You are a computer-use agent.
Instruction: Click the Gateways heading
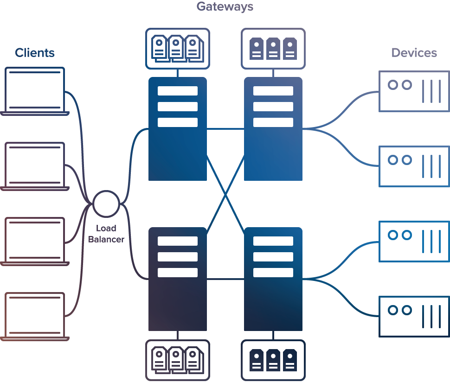pyautogui.click(x=225, y=6)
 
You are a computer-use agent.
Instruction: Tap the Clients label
pyautogui.click(x=35, y=53)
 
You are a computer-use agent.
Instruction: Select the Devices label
pyautogui.click(x=414, y=53)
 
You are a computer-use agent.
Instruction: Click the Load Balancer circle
pyautogui.click(x=106, y=204)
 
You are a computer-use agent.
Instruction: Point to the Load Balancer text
pyautogui.click(x=106, y=234)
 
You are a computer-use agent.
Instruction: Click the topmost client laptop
pyautogui.click(x=35, y=91)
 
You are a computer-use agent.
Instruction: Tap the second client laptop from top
pyautogui.click(x=35, y=166)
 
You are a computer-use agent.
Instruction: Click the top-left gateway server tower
pyautogui.click(x=177, y=129)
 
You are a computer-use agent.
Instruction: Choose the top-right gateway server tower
pyautogui.click(x=273, y=129)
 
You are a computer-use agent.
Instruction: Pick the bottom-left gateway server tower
pyautogui.click(x=177, y=279)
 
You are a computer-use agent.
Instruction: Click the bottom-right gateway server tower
pyautogui.click(x=273, y=279)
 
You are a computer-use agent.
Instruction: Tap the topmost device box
pyautogui.click(x=414, y=91)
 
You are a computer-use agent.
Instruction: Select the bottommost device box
pyautogui.click(x=414, y=317)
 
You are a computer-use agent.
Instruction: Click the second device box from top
pyautogui.click(x=414, y=166)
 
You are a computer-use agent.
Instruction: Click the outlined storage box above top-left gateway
pyautogui.click(x=177, y=49)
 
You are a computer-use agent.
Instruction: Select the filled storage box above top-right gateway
pyautogui.click(x=273, y=49)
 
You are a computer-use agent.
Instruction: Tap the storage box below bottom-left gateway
pyautogui.click(x=177, y=360)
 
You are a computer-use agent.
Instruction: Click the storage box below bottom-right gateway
pyautogui.click(x=273, y=360)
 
